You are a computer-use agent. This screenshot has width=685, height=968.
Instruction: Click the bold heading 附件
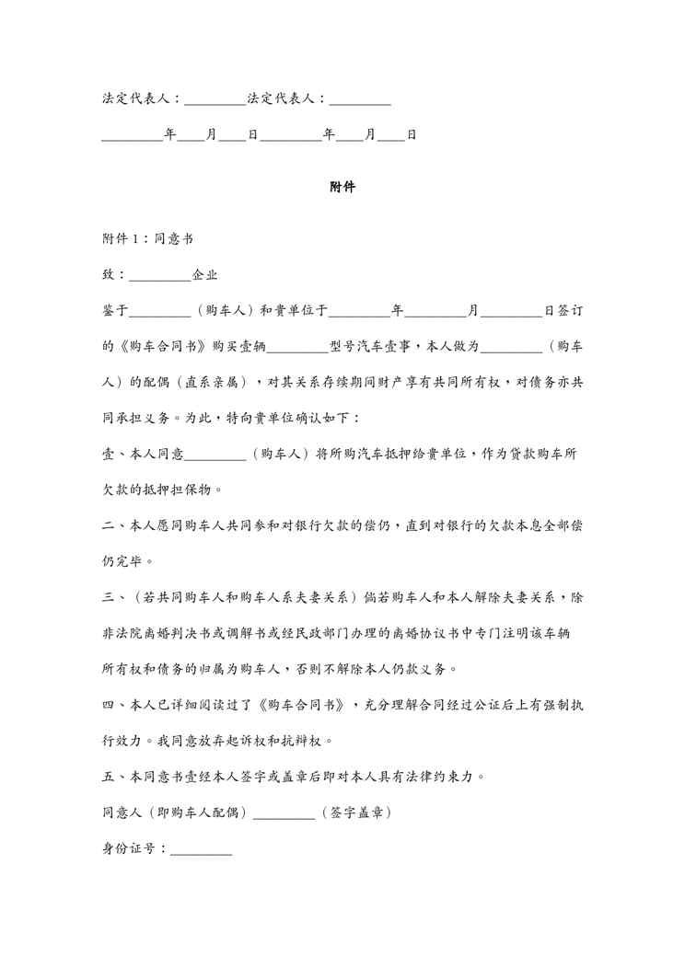(342, 187)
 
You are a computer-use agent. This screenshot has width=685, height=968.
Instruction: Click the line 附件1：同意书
(147, 237)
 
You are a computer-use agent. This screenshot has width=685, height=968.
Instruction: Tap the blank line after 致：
(160, 274)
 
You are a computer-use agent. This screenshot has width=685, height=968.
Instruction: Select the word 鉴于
(115, 311)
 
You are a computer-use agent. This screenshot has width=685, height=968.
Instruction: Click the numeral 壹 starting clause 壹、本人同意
(107, 454)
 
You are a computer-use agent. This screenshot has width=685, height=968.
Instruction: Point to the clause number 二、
(108, 525)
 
